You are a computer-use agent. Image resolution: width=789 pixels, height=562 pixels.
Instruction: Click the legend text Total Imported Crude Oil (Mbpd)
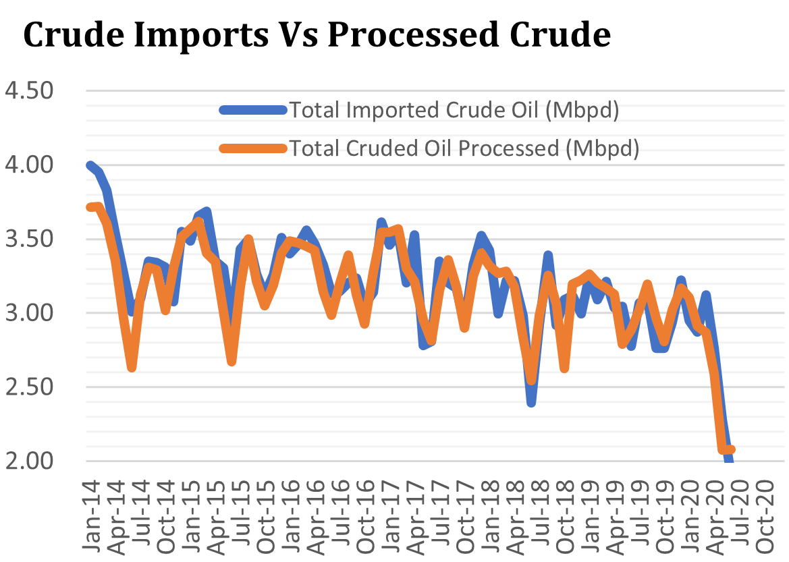tap(454, 110)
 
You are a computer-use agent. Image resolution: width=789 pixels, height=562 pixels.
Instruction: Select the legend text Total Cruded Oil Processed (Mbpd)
tap(464, 148)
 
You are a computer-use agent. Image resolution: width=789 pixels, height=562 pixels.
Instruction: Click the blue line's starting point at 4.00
tap(90, 165)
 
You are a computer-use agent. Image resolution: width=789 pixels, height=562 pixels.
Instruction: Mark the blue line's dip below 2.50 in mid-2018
tap(532, 403)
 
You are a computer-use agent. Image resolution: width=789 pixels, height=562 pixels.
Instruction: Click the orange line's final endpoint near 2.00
tap(731, 449)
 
